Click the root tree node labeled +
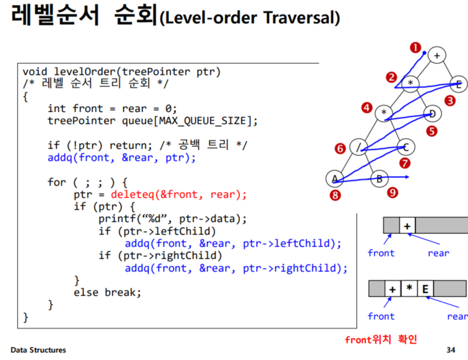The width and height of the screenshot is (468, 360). (437, 55)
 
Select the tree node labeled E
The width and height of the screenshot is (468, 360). (458, 84)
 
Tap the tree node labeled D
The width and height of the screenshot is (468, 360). (433, 114)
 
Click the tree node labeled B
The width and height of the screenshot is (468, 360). (379, 178)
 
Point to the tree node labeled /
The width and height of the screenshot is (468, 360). (358, 147)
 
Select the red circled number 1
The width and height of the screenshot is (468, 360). (415, 48)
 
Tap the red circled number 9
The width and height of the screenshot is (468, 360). (391, 192)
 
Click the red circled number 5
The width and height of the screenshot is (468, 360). (431, 131)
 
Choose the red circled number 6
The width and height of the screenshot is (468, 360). (340, 149)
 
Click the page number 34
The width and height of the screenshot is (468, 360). (451, 350)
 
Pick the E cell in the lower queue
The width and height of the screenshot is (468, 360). (425, 288)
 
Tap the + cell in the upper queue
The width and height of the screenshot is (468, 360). (407, 225)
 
